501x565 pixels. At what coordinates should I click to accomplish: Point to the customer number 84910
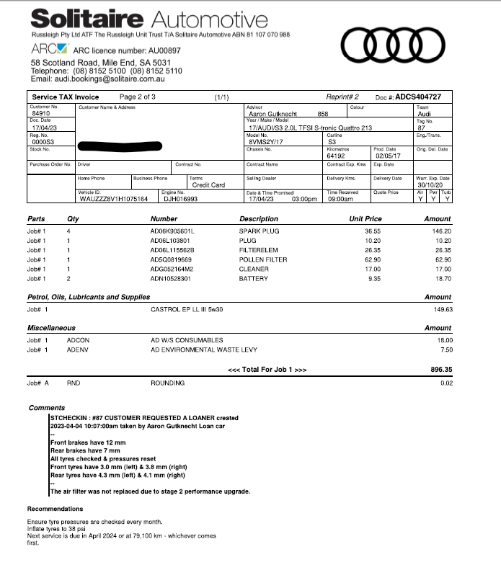[x=43, y=114]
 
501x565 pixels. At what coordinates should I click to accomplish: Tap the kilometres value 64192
[x=336, y=155]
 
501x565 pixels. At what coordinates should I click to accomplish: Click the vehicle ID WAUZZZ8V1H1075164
[x=113, y=198]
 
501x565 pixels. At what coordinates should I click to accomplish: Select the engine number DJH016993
[x=180, y=198]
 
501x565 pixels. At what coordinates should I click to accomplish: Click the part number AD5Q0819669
[x=172, y=259]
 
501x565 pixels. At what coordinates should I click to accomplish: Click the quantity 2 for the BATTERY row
[x=68, y=278]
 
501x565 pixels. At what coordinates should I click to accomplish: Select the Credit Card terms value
[x=208, y=185]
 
